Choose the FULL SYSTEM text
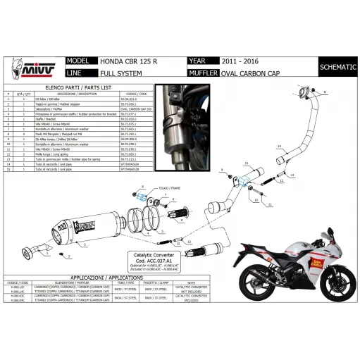118,73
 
